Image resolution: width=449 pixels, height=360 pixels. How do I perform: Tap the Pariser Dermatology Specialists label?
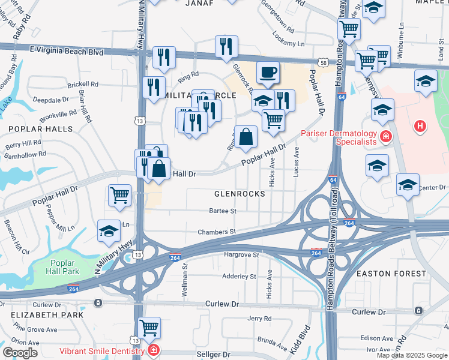(x=339, y=137)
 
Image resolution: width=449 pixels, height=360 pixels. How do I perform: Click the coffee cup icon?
(x=268, y=73)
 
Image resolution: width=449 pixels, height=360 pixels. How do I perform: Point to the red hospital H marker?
(x=420, y=127)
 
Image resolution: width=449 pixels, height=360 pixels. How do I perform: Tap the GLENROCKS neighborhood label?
(x=240, y=194)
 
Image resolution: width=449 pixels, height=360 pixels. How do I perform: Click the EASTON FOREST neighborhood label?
(x=391, y=274)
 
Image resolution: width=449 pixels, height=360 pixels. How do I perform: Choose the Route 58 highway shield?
(x=324, y=62)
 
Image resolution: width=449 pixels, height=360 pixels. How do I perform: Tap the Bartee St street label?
(x=223, y=211)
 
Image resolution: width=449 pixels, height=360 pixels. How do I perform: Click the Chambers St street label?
(x=217, y=232)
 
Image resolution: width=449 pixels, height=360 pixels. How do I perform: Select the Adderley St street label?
(x=239, y=277)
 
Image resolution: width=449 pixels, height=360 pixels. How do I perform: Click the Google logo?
(x=20, y=352)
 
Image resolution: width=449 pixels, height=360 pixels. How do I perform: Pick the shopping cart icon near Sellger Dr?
(x=149, y=328)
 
